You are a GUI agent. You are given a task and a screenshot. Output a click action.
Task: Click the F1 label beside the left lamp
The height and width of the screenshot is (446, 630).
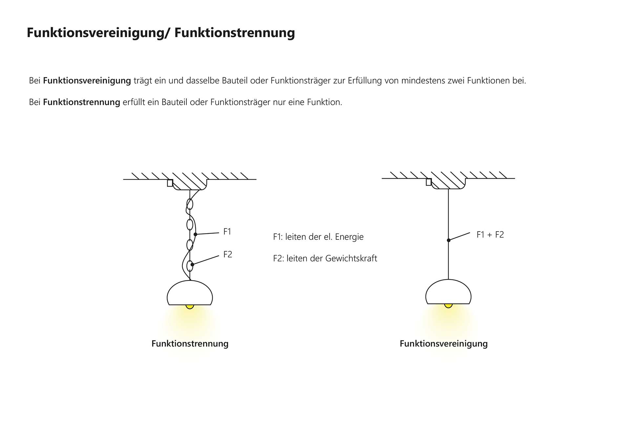pos(227,232)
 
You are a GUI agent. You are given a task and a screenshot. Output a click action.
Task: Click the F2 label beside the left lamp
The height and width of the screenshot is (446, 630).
pos(227,255)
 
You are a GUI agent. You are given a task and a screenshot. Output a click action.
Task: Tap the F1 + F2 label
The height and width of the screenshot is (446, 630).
pos(490,235)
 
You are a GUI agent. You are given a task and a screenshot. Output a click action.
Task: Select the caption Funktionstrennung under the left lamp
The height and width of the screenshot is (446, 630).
pos(190,344)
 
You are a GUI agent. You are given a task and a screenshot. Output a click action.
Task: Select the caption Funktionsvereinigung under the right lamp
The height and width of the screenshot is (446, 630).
pos(443,344)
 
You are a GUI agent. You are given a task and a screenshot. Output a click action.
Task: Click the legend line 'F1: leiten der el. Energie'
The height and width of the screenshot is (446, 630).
pos(318,237)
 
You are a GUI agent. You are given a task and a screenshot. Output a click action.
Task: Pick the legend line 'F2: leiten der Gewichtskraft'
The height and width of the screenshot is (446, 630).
pos(325,258)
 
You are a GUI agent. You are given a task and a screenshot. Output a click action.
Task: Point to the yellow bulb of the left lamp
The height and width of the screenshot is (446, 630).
pos(190,307)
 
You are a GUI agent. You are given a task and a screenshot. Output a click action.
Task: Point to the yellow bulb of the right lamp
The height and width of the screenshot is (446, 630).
pos(448,306)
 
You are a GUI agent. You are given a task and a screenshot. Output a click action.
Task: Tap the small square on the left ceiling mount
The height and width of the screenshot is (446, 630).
pos(170,183)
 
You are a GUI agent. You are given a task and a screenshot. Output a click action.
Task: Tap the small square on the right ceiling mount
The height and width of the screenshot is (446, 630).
pos(429,182)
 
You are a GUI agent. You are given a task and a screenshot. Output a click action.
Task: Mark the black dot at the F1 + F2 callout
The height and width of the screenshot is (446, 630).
pos(449,240)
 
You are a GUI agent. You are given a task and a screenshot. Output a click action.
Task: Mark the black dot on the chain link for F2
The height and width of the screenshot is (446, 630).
pos(192,264)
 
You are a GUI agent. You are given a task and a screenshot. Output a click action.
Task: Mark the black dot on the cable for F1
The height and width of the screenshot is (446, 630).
pos(195,234)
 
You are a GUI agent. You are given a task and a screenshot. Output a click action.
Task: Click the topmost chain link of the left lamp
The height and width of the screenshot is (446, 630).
pos(190,204)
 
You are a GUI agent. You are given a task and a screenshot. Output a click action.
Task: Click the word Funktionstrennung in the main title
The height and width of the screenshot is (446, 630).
pos(234,33)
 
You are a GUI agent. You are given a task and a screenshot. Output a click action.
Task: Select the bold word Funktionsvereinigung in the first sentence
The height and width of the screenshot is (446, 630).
pos(87,80)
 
